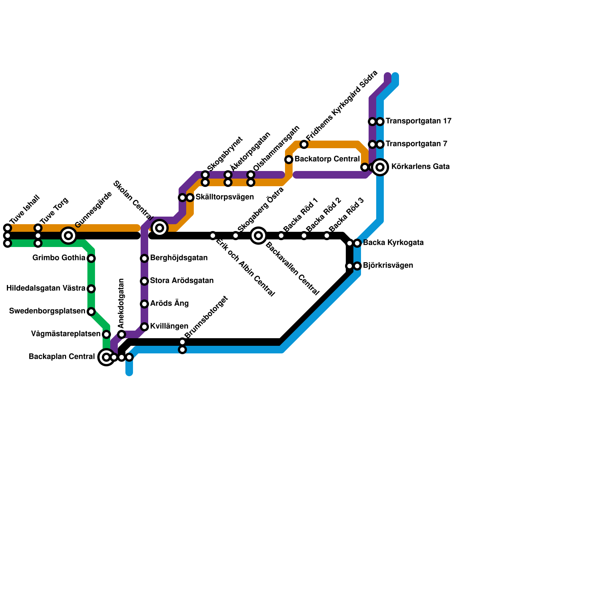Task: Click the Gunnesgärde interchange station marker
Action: coord(68,236)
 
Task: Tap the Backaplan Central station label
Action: coord(62,357)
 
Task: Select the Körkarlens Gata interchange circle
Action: coord(380,167)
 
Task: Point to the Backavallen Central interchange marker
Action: coord(258,236)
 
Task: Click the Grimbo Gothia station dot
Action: coord(91,258)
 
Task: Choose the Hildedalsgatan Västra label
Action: coord(46,288)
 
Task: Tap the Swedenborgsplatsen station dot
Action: coord(91,312)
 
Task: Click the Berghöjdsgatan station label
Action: coord(179,258)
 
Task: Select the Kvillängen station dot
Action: coord(144,327)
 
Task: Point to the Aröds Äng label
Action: coord(169,304)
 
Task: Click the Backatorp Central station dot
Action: coord(289,160)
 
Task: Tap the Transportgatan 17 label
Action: coord(418,121)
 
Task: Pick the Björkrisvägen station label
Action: coord(388,266)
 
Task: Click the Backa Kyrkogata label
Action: coord(393,243)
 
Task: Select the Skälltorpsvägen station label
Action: coord(225,197)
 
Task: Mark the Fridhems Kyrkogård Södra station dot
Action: coord(304,144)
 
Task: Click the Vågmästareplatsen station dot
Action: coord(106,334)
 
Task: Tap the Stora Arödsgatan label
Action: coord(182,281)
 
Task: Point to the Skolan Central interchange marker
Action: coord(160,228)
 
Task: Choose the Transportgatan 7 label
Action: coord(416,144)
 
